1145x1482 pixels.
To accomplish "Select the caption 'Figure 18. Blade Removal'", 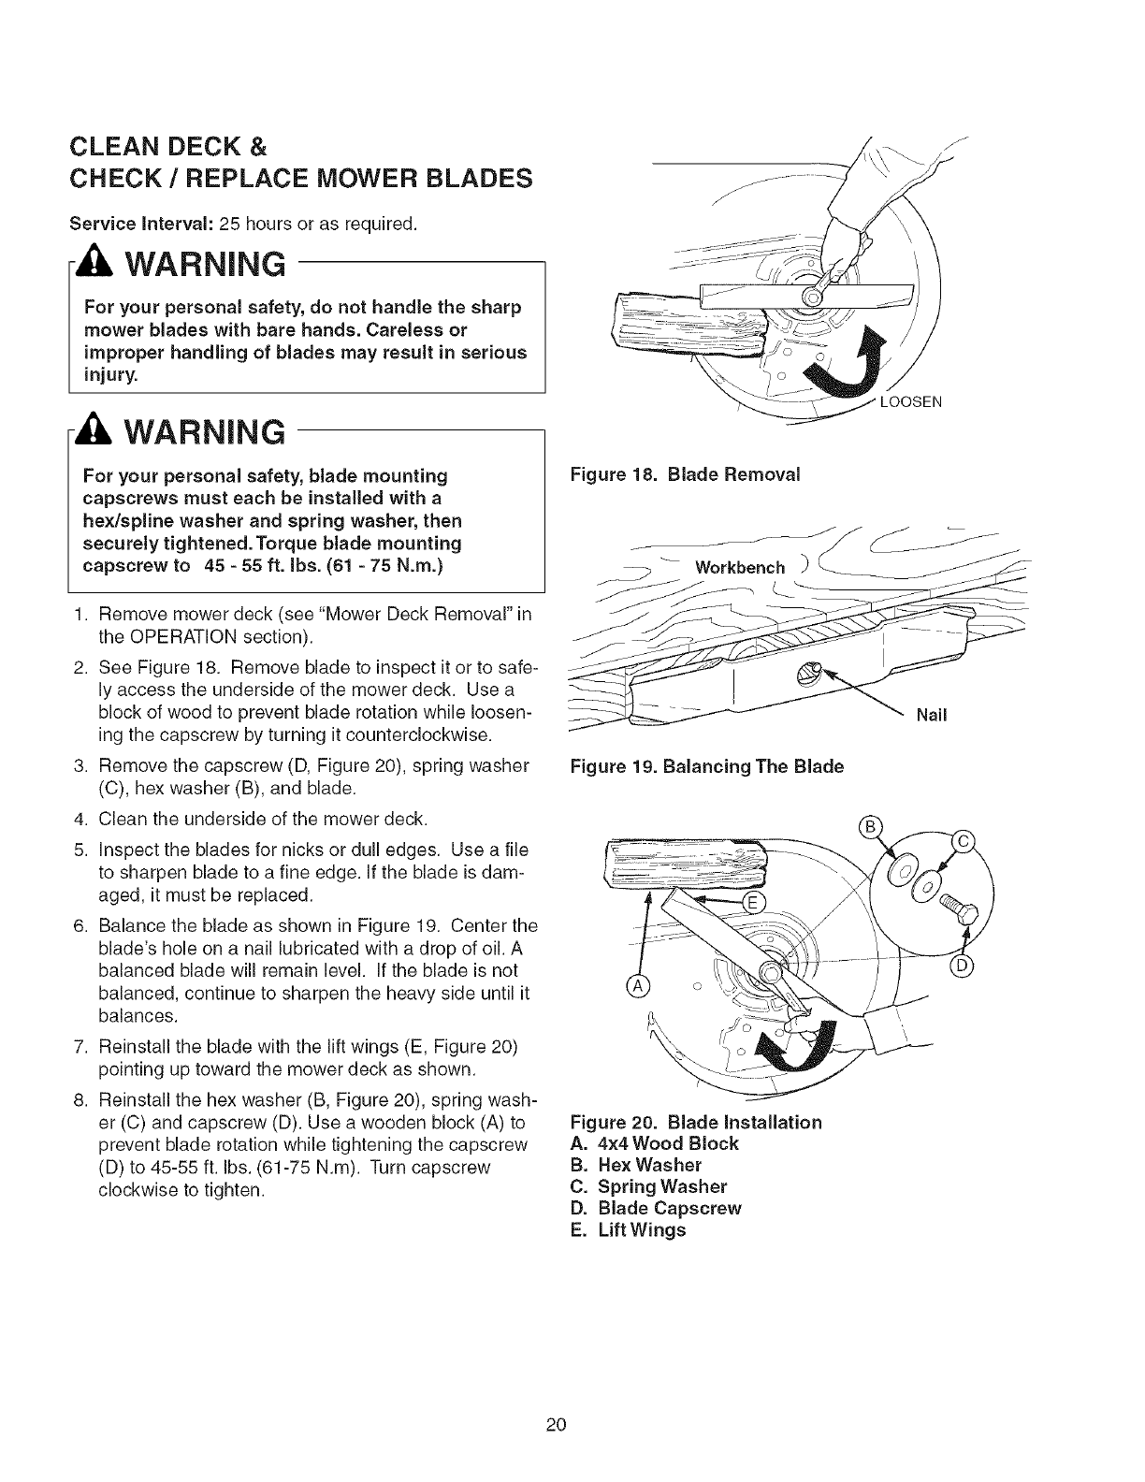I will pyautogui.click(x=685, y=473).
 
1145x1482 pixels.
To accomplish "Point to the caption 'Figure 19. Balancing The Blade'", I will pyautogui.click(x=707, y=766).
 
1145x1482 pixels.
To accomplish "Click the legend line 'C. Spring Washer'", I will pyautogui.click(x=648, y=1186).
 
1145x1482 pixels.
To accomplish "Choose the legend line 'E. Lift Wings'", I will pyautogui.click(x=628, y=1229).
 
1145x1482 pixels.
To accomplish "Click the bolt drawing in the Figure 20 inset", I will pyautogui.click(x=956, y=906).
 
